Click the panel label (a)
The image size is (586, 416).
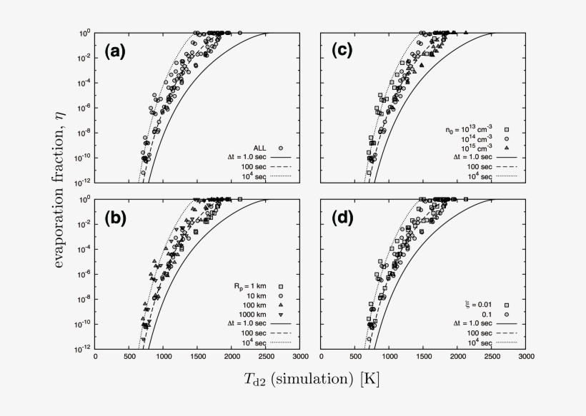tap(116, 52)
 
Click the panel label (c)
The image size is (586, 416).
tap(341, 52)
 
